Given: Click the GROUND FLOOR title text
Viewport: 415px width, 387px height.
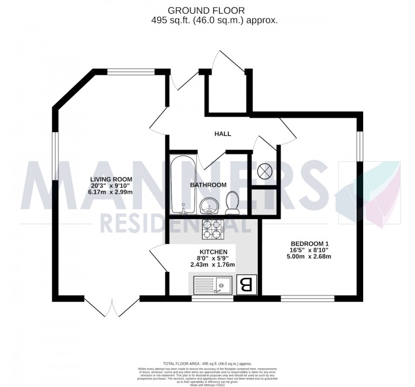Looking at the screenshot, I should tap(207, 10).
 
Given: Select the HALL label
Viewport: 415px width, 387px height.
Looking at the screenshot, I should tap(222, 134).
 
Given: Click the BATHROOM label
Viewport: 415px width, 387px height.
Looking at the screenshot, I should tap(208, 185).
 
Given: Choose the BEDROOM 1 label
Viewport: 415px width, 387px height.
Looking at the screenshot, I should tap(308, 243).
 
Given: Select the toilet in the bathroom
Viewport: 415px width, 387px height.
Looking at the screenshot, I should tap(232, 202).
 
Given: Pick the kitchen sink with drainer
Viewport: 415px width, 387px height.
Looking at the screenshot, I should tap(212, 284).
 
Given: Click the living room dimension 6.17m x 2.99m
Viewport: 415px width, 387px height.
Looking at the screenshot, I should tap(112, 192).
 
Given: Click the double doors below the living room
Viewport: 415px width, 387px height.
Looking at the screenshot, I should tap(112, 306).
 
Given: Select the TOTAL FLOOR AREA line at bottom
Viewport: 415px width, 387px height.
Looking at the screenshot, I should tap(207, 364).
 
